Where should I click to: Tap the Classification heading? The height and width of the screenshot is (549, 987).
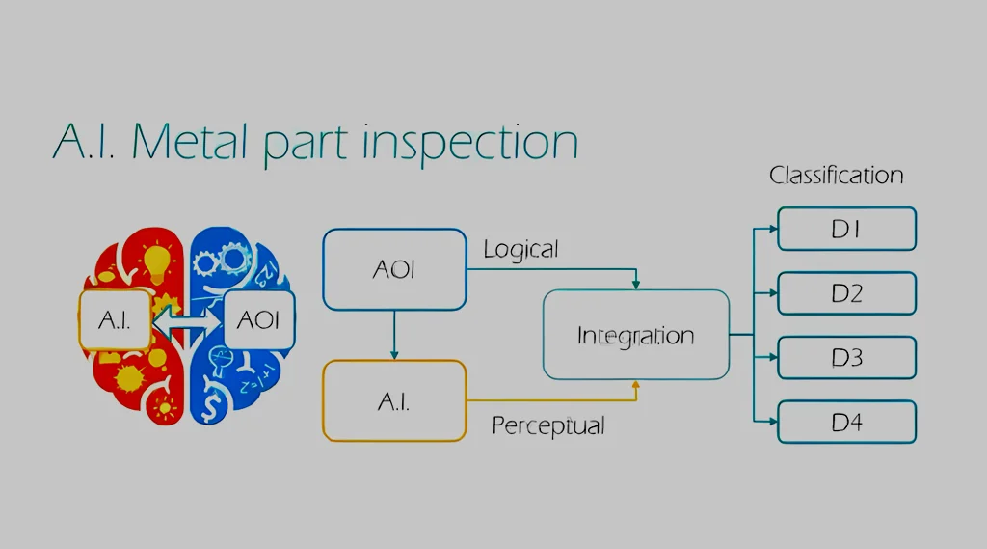836,176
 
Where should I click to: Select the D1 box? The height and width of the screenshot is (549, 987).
846,230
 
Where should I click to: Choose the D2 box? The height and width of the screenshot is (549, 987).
846,293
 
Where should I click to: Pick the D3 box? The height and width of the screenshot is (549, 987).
846,358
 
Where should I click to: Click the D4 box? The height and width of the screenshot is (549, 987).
846,422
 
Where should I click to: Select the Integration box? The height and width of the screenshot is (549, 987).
635,336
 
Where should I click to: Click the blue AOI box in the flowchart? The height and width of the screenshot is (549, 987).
393,269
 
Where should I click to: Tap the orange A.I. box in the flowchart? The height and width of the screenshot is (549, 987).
393,400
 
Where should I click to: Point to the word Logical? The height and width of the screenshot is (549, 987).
520,250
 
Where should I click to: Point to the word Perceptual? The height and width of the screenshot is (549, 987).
548,425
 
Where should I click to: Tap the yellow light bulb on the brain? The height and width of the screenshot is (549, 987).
158,261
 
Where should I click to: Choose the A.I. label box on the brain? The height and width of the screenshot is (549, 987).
115,319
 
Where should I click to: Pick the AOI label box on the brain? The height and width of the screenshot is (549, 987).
258,319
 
